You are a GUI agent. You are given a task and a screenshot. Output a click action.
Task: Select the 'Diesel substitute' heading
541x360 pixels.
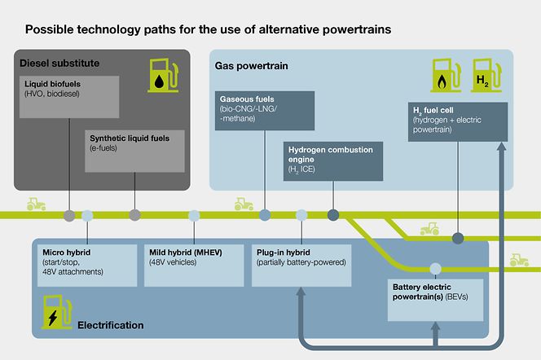click(x=59, y=62)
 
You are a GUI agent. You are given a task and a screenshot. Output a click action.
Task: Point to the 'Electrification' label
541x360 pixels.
click(x=110, y=325)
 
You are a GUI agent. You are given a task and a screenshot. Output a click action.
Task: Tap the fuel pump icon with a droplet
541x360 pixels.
click(x=165, y=74)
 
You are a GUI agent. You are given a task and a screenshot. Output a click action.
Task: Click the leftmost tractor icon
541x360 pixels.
click(x=36, y=204)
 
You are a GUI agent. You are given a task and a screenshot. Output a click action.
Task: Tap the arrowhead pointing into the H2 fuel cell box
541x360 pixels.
click(x=504, y=147)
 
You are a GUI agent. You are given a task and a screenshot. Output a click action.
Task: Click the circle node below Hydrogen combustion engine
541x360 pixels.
click(x=332, y=216)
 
